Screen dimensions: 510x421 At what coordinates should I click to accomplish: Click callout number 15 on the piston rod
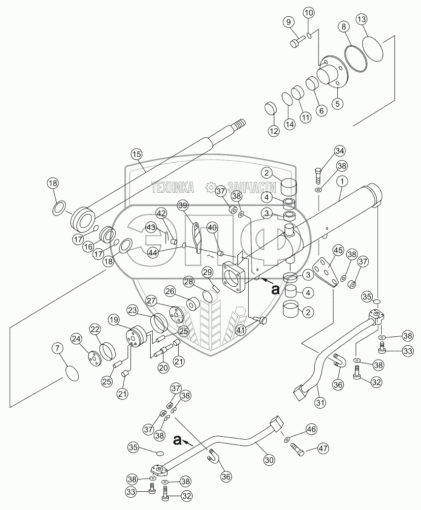click(136, 154)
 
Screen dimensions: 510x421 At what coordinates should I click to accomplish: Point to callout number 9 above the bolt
click(288, 22)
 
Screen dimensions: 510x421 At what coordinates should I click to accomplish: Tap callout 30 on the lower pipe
click(268, 460)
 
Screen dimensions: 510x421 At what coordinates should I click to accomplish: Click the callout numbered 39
click(183, 205)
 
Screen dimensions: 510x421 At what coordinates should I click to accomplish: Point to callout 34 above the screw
click(326, 150)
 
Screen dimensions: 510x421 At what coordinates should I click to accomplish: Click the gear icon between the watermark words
click(210, 187)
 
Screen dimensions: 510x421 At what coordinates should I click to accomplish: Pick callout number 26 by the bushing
click(170, 291)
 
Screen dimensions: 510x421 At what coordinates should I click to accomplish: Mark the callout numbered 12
click(273, 131)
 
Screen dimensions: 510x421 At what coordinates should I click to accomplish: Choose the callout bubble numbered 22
click(95, 329)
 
